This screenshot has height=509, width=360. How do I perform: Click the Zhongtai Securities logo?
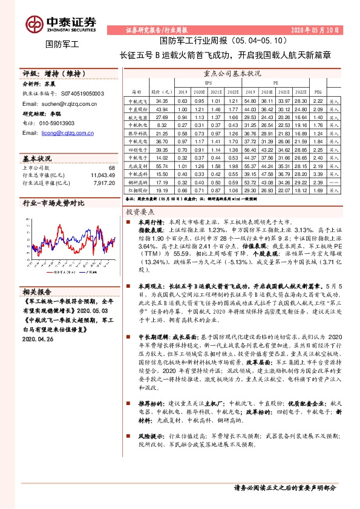(61, 22)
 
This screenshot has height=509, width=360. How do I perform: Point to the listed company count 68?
(111, 167)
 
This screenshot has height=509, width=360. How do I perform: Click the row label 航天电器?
(139, 117)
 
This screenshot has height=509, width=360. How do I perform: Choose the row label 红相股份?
(139, 189)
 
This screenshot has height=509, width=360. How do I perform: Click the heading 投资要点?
(140, 213)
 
